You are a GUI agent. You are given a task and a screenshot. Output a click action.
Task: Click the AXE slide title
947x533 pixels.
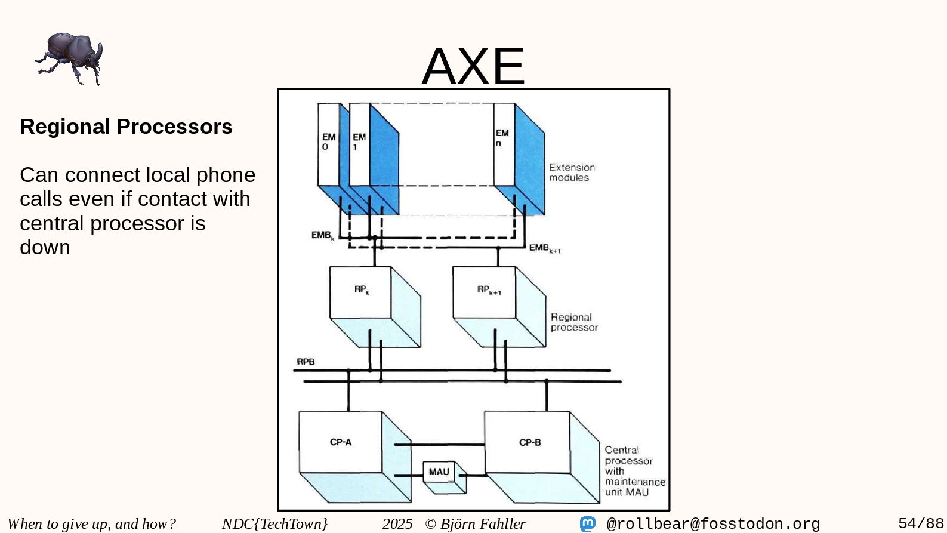tap(473, 66)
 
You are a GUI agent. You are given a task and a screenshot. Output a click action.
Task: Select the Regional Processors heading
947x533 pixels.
tap(126, 127)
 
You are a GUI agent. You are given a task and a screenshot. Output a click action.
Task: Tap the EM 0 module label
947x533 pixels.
tap(328, 141)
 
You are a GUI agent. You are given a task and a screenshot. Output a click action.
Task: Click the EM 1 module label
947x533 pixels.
tap(359, 141)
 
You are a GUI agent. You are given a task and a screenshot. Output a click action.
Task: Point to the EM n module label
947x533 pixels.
tap(502, 137)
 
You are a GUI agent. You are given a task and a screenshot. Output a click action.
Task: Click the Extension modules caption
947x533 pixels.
tap(572, 172)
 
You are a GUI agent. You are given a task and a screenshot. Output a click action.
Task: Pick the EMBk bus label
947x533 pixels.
tap(322, 235)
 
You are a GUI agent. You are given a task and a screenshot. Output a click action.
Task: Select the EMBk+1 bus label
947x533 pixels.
tap(544, 248)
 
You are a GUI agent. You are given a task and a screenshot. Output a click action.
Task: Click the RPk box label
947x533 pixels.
tap(362, 290)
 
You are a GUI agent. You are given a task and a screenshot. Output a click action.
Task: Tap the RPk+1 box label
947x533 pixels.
tap(489, 290)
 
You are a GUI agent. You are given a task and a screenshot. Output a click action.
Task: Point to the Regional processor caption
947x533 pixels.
tap(573, 322)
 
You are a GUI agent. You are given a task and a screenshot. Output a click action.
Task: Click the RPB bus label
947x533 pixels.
tap(306, 362)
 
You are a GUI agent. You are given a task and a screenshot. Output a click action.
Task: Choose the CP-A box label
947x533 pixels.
tap(340, 442)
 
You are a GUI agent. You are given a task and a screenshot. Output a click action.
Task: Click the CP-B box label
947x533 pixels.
tap(530, 442)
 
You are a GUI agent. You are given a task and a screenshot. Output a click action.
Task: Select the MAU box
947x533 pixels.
tap(439, 472)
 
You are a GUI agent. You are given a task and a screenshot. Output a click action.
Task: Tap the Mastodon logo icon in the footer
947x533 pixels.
tap(588, 524)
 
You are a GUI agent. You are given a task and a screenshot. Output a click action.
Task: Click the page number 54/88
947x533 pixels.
tap(921, 523)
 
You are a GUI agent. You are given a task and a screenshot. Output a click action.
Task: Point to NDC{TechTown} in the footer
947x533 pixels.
tap(274, 524)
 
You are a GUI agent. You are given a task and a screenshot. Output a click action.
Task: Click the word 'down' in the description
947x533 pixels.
tap(45, 247)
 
